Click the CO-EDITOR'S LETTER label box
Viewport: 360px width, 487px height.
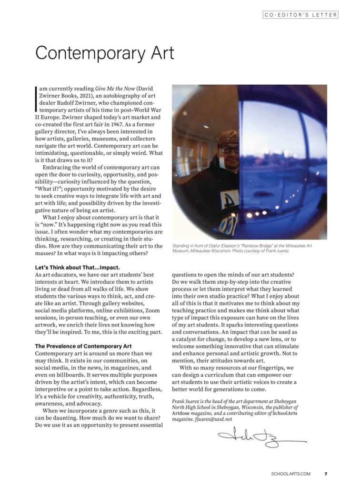(300, 15)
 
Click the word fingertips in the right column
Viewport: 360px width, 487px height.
(273, 368)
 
